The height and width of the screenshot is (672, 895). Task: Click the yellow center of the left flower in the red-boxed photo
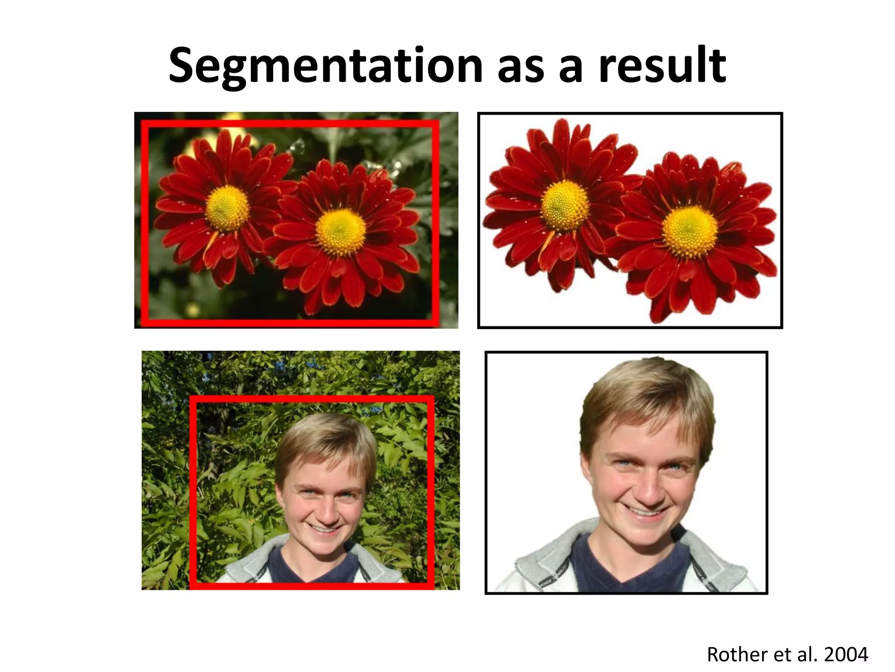point(227,207)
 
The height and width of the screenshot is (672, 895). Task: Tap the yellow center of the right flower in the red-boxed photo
point(341,232)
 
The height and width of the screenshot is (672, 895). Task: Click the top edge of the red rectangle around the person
point(312,399)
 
